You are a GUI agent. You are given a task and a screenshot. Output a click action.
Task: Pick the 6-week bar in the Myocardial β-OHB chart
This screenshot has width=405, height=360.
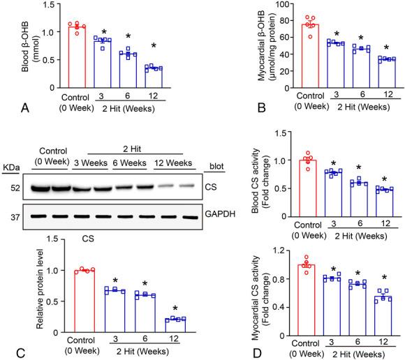[341, 67]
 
